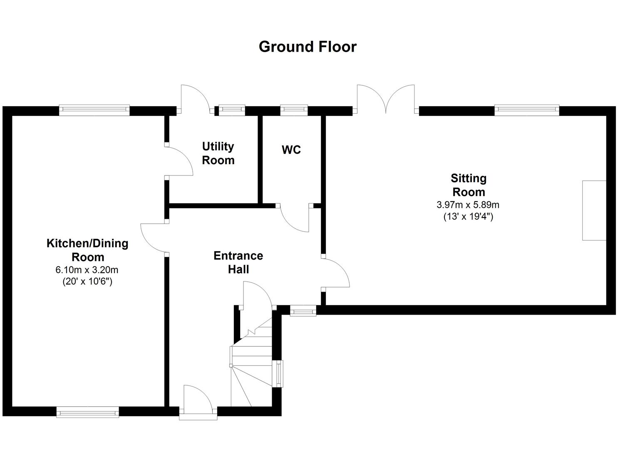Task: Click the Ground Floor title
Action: [308, 47]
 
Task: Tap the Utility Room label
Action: [218, 153]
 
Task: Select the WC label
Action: [291, 150]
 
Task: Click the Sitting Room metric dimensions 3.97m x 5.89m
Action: [468, 205]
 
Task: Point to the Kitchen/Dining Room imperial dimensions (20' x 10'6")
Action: [87, 282]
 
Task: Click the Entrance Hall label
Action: [238, 262]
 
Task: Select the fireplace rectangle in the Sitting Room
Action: [594, 210]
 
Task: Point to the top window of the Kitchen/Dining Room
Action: [94, 110]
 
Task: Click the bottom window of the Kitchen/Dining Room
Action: [87, 412]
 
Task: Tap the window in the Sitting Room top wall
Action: [526, 110]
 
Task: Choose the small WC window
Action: [294, 110]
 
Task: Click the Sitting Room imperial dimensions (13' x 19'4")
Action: [468, 217]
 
